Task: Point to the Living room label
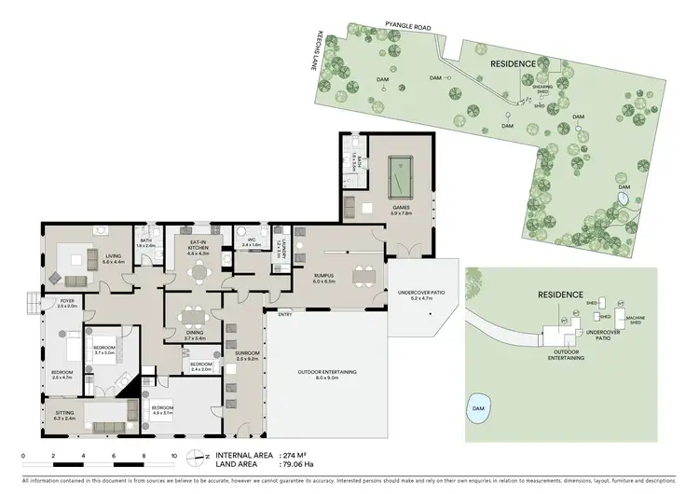[114, 258]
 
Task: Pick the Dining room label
[193, 336]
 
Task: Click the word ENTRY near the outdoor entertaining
[284, 314]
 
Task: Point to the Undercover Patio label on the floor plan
[421, 293]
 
